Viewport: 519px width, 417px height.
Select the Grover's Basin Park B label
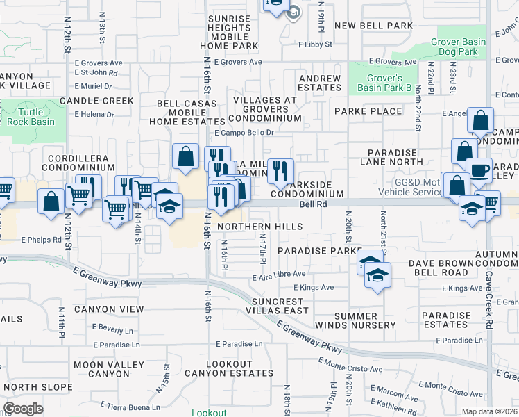[384, 83]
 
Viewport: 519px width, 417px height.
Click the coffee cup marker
[479, 171]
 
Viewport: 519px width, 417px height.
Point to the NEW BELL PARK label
[373, 26]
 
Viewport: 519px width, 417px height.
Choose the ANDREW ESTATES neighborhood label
[320, 83]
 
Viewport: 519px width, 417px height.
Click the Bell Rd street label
[313, 204]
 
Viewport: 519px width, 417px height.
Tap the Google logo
[22, 409]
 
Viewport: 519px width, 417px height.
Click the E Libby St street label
[315, 44]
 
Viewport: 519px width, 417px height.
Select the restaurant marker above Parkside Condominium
[280, 171]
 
